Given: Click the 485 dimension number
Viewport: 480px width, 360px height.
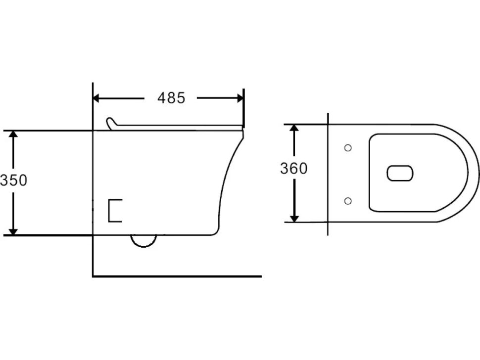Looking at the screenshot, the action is tap(171, 98).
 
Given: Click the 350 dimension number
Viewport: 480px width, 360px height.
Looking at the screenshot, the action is tap(13, 180).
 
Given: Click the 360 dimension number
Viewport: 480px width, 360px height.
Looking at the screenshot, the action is tap(294, 169).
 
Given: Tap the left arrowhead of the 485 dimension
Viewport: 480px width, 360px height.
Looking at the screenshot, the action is tap(96, 98).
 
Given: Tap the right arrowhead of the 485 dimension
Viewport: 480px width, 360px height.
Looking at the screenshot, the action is tap(240, 98).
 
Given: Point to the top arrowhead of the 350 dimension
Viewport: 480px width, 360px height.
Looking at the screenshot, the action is tap(13, 134).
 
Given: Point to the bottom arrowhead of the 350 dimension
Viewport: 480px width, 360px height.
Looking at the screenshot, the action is tap(13, 232).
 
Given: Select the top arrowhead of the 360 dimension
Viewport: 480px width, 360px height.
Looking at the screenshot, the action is tap(294, 128).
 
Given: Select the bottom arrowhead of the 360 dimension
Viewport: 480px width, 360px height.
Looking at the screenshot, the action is tap(294, 219).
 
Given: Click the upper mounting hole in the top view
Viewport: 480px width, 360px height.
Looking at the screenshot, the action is tap(348, 148).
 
